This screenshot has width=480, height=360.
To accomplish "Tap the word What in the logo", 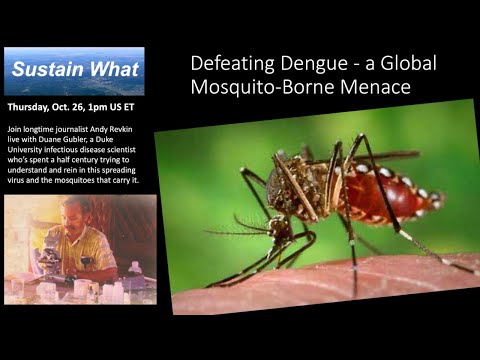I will pyautogui.click(x=112, y=69).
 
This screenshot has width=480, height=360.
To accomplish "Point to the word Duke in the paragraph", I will pyautogui.click(x=124, y=142).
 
